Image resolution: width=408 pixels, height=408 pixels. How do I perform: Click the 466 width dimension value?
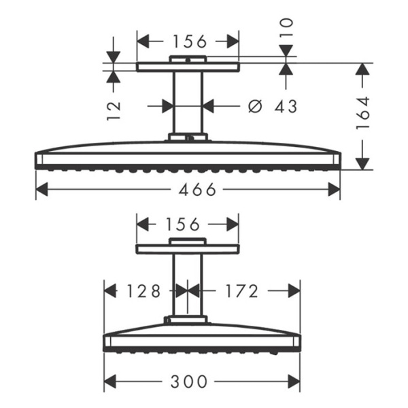188,190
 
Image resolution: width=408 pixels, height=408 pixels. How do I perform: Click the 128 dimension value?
143,291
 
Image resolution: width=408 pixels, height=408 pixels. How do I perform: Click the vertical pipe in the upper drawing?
188,102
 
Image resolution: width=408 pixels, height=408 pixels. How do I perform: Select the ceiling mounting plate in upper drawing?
188,67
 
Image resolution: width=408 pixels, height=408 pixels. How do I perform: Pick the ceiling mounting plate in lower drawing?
188,249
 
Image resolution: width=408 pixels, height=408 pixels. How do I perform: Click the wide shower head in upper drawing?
188,155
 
